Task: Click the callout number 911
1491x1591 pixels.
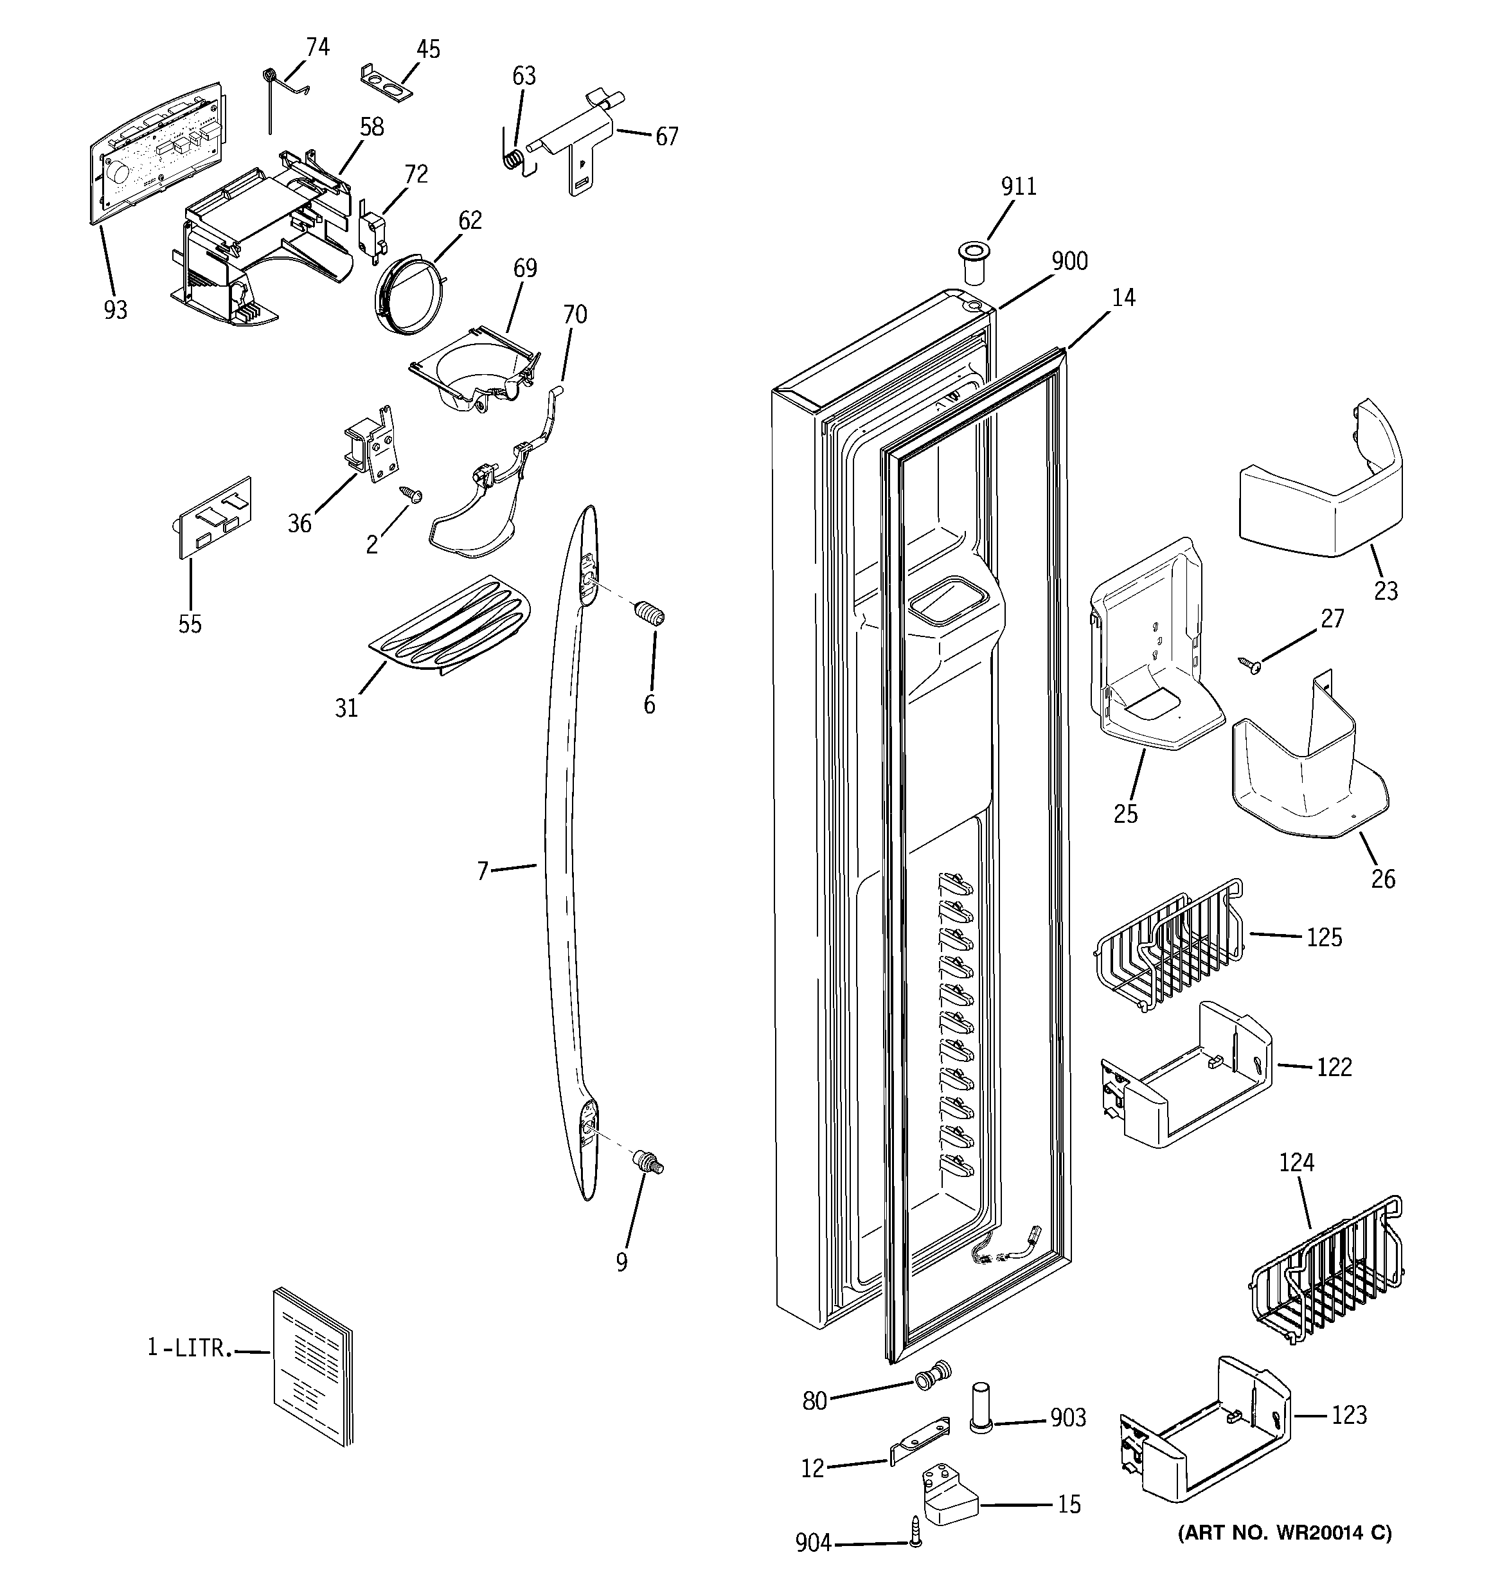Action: [1018, 186]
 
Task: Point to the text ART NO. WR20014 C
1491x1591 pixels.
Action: [1285, 1533]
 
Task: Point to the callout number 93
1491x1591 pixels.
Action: [115, 310]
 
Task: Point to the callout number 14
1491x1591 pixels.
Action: [1123, 298]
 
